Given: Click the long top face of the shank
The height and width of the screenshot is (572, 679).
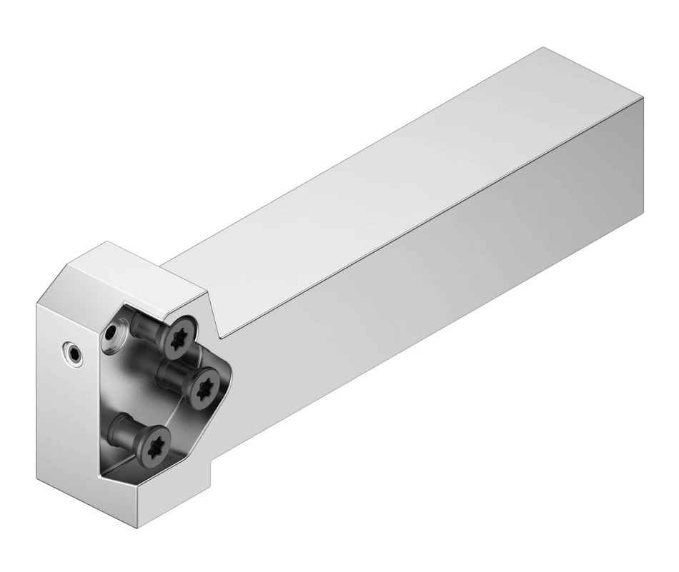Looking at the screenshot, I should [x=400, y=179].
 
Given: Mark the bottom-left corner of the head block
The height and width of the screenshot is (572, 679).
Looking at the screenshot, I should [x=39, y=474].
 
